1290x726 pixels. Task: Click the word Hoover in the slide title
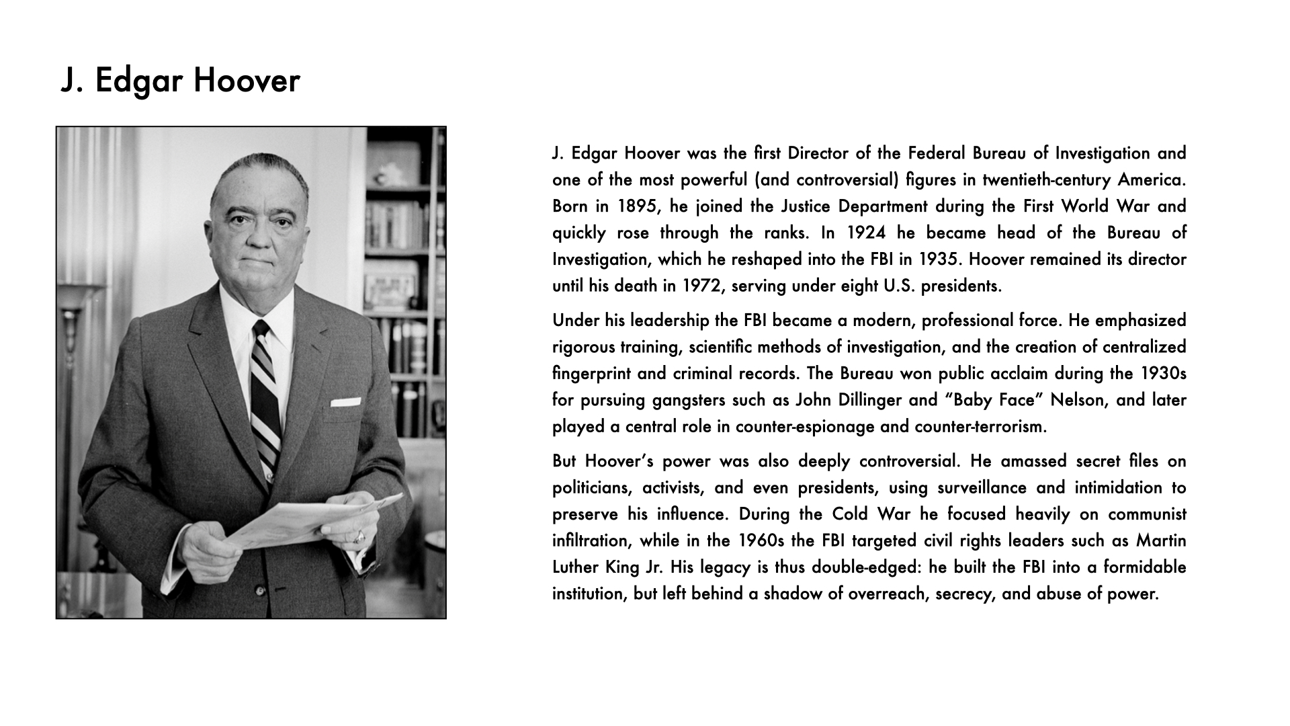click(x=247, y=81)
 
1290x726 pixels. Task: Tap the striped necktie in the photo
click(x=265, y=397)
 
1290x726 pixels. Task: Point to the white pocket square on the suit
click(x=345, y=402)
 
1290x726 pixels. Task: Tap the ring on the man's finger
click(x=360, y=536)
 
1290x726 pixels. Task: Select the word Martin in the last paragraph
click(x=1161, y=541)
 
